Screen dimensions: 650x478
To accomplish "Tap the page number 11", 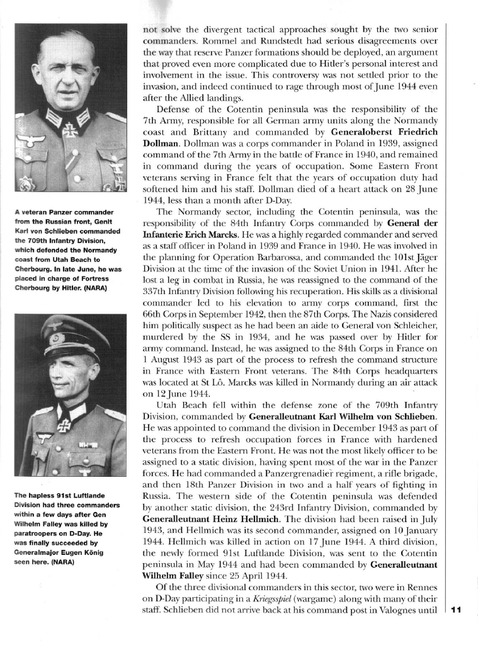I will (x=457, y=609).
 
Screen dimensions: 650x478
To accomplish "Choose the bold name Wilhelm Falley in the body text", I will (x=177, y=574).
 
